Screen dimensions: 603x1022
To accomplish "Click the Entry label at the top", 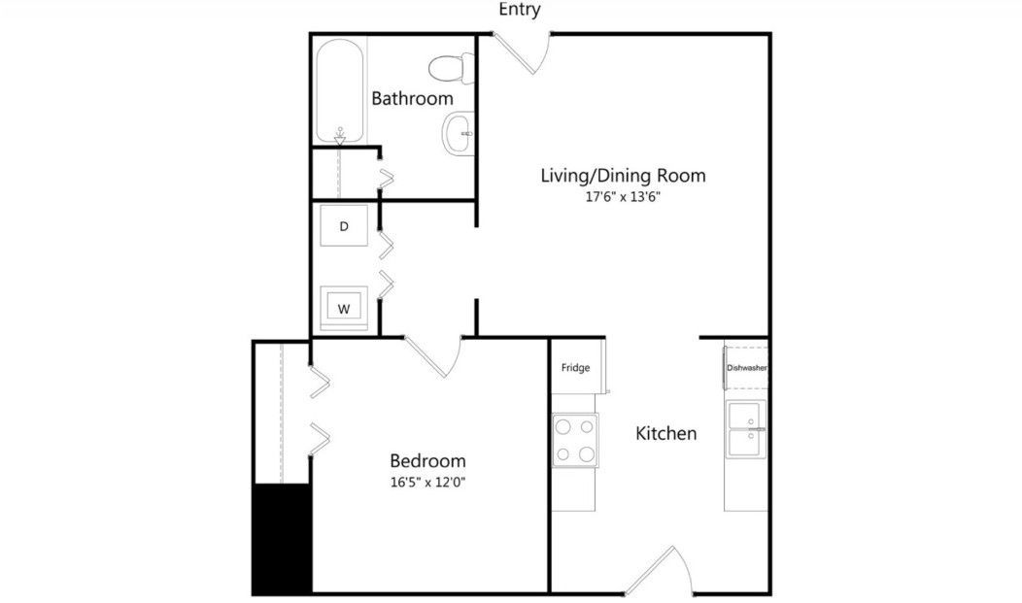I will [x=520, y=10].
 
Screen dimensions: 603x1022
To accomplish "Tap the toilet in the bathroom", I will [x=449, y=68].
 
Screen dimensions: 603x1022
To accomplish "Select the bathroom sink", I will [x=458, y=134].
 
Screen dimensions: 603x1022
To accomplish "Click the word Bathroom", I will [x=412, y=98].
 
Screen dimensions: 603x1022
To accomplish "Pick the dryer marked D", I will [x=344, y=226].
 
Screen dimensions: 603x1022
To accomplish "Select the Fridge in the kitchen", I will [x=576, y=368].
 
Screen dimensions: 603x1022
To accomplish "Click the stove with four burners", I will [x=575, y=441].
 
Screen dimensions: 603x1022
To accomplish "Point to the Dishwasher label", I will [x=747, y=368].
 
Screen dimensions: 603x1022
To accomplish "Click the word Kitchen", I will [x=665, y=433].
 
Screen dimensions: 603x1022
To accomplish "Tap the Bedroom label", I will [x=427, y=460].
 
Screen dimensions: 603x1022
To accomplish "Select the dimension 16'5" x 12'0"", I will [x=427, y=481].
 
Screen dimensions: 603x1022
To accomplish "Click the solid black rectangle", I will [x=282, y=539].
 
